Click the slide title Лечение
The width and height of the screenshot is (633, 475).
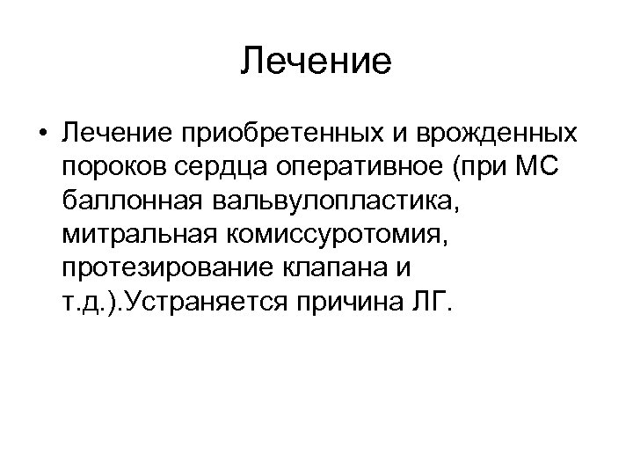tap(316, 62)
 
